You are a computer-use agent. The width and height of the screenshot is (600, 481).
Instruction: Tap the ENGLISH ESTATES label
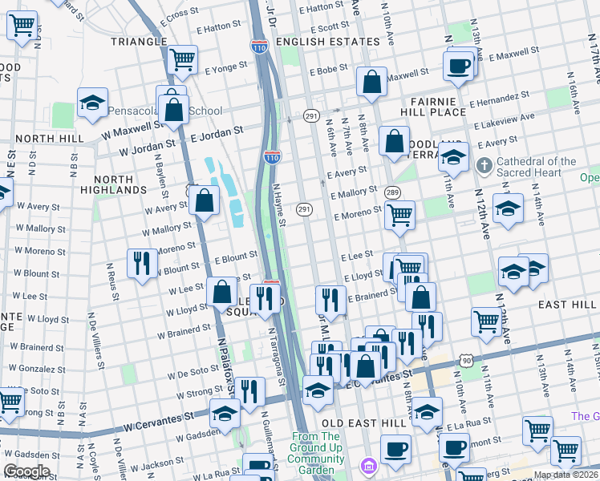(326, 41)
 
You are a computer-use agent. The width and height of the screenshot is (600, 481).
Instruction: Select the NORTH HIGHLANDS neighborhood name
(121, 184)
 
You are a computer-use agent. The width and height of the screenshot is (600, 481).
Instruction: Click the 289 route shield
(392, 193)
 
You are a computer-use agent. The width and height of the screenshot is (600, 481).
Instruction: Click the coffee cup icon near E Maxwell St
(459, 66)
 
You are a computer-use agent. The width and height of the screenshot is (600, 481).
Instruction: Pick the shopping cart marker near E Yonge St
(183, 59)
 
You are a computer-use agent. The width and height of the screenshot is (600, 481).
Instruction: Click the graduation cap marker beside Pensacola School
(92, 103)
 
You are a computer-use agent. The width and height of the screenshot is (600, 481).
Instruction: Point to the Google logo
(26, 471)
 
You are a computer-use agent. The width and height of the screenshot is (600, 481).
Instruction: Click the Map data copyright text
(566, 475)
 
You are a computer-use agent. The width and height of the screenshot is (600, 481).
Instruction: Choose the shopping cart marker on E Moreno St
(399, 214)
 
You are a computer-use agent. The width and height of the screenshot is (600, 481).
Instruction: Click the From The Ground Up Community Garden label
(318, 448)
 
